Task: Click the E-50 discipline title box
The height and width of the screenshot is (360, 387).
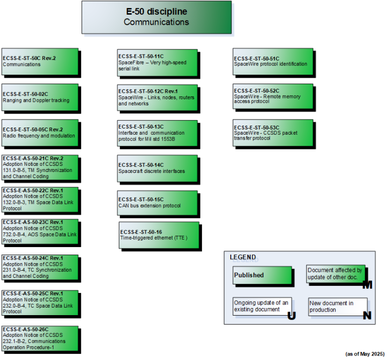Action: click(157, 17)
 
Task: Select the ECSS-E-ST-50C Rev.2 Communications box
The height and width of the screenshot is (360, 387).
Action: click(40, 61)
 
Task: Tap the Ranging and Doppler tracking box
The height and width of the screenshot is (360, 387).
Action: click(40, 97)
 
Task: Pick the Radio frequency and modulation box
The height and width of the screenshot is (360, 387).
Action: click(40, 133)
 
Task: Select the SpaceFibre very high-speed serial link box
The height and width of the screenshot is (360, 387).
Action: click(157, 62)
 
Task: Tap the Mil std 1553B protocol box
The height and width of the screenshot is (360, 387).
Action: click(157, 133)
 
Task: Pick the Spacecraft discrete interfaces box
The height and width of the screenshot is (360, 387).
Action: click(157, 168)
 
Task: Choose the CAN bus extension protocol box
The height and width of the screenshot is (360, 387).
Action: click(157, 203)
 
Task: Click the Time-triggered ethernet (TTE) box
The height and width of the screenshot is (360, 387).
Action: click(159, 234)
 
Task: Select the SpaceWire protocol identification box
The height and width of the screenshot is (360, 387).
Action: click(273, 61)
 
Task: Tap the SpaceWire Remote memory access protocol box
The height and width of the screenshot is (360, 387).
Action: click(273, 97)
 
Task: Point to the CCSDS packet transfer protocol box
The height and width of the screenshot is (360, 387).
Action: click(273, 133)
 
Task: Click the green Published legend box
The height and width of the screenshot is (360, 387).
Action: click(263, 275)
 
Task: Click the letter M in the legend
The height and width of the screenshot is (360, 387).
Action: click(367, 285)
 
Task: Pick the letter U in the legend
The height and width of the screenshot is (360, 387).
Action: click(291, 316)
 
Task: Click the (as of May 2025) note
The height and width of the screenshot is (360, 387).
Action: click(364, 354)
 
